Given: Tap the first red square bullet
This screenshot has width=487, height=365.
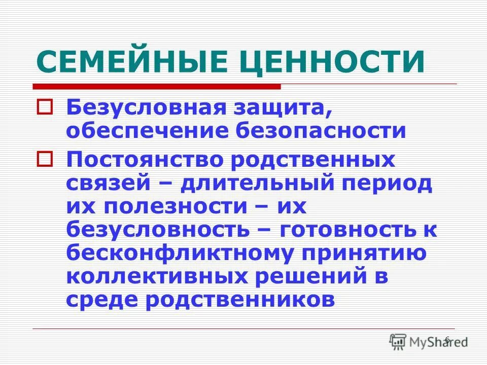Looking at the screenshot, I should pyautogui.click(x=44, y=107).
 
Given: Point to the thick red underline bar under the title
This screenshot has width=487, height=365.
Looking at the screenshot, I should pyautogui.click(x=157, y=87).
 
